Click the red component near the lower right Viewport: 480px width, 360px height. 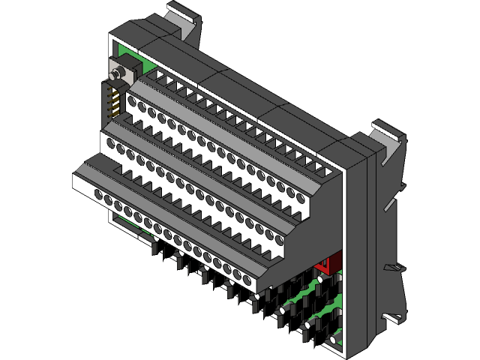324,265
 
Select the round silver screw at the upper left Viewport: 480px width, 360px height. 117,75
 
